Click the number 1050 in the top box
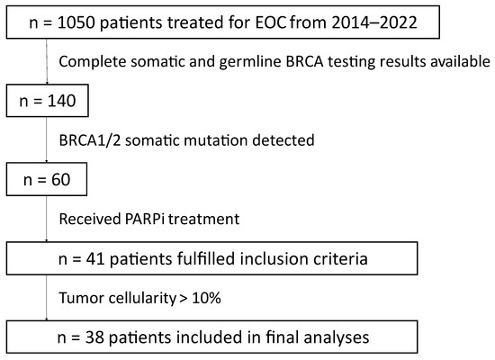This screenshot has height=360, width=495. (76, 22)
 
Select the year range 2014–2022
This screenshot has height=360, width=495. (374, 22)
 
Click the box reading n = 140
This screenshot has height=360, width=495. (48, 101)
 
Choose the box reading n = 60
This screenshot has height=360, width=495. (47, 179)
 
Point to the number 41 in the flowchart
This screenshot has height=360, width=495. (95, 259)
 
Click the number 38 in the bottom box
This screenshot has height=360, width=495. (94, 337)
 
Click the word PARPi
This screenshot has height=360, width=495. (145, 220)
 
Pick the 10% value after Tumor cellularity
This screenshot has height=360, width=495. (206, 298)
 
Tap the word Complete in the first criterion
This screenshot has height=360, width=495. (93, 62)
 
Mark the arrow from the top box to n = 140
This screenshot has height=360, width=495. (47, 61)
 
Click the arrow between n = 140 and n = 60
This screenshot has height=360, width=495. (47, 139)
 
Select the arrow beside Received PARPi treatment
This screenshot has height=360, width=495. (47, 219)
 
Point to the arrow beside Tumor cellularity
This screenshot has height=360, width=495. (47, 298)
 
